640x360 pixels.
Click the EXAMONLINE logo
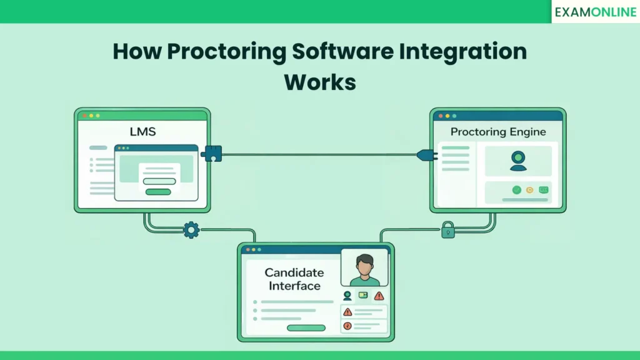tap(595, 12)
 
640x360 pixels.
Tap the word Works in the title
tap(319, 82)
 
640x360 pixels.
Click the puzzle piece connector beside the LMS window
tap(212, 154)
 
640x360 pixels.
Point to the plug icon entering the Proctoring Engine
tap(424, 154)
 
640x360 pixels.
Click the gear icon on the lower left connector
tap(191, 230)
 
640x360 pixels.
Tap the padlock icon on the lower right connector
tap(448, 231)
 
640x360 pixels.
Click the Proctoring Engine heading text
tap(498, 132)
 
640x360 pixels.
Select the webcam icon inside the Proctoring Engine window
tap(517, 161)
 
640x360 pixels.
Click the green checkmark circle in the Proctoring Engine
tap(516, 189)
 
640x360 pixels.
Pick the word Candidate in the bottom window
tap(294, 272)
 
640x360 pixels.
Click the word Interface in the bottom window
tap(294, 286)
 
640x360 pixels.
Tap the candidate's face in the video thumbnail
tap(364, 263)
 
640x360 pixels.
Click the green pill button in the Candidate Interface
tap(306, 327)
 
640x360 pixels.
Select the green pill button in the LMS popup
tap(159, 192)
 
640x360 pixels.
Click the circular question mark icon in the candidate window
tap(347, 326)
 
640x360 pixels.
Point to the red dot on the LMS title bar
tap(84, 116)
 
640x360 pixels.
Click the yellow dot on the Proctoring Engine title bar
tap(447, 116)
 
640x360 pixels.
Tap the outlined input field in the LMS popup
tap(159, 181)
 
